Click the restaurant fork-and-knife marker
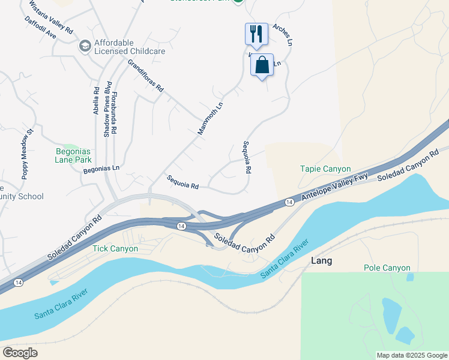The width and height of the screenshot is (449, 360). point(256,34)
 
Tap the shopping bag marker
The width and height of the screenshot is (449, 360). point(262,65)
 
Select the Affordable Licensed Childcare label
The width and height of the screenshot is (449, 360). point(130,46)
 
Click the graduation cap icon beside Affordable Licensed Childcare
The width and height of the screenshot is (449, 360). point(85,46)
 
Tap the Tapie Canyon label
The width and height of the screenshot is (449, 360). point(325,169)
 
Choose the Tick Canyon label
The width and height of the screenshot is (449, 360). point(115,248)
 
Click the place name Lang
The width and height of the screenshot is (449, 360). point(321,261)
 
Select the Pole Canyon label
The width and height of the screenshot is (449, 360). point(387,268)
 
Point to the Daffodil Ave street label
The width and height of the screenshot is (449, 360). point(40,28)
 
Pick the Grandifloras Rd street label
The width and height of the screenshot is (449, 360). point(145,74)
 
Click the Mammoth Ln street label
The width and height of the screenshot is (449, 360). point(210,118)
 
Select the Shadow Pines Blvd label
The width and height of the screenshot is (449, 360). point(107,109)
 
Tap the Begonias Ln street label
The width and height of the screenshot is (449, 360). point(101,169)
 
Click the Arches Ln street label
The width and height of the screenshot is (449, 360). point(282,35)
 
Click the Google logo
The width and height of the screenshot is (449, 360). point(20,352)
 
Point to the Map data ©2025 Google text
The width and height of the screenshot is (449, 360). point(411,355)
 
